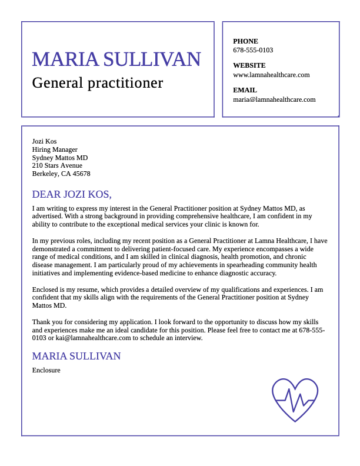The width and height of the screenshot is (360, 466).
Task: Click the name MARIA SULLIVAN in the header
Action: point(116,59)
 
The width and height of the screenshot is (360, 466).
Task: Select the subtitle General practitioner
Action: point(98,83)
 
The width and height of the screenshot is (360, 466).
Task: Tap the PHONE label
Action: point(245,41)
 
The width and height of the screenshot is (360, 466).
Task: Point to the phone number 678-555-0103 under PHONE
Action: point(253,50)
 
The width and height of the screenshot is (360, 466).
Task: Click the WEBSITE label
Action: point(249,65)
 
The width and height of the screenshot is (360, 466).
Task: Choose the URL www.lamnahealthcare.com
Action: point(271,75)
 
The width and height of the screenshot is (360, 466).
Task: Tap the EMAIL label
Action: point(245,90)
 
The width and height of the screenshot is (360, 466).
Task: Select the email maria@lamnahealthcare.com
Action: point(274,99)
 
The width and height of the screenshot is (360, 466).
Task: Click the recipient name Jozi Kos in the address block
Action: point(44,141)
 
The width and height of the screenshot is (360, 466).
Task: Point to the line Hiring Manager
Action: point(55,149)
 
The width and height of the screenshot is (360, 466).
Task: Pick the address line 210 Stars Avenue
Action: point(57,165)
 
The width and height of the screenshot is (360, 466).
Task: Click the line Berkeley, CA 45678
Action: point(61,174)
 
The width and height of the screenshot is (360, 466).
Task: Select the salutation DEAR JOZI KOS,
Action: point(72,194)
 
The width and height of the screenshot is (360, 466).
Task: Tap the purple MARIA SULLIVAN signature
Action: point(76,356)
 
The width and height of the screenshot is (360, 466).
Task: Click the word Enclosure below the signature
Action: point(46,370)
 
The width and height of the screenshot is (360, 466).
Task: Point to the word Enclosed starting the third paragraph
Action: point(45,289)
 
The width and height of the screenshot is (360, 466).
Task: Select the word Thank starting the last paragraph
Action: point(41,322)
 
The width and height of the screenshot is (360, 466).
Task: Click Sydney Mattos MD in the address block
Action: point(60,158)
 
